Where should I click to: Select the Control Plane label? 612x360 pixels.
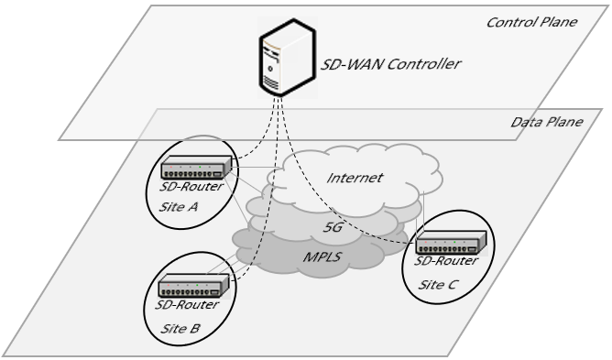[530, 19]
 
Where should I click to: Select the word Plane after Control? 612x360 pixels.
[557, 19]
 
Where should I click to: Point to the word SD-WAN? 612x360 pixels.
[342, 64]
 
